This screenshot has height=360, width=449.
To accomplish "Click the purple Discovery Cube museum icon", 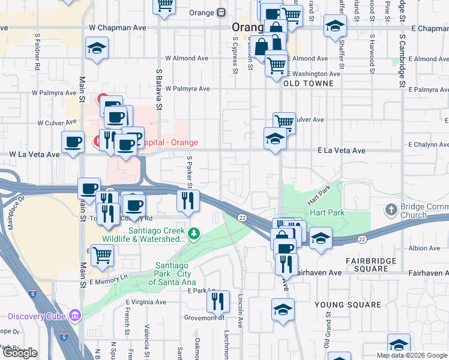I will coord(74,316).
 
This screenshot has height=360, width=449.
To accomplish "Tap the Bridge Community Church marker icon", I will coord(391,209).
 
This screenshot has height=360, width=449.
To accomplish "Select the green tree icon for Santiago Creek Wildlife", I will coord(193,233).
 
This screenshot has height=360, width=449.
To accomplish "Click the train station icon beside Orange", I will coord(221,13).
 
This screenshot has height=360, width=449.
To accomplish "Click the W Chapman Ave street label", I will coord(117,28).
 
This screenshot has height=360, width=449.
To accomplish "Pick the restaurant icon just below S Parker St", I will coord(188,200).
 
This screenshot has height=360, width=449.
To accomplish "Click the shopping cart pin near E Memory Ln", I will coord(102,254).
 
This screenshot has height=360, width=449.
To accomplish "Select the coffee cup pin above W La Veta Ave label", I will coord(73,142).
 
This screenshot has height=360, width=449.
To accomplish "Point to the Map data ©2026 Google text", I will coord(411,355).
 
